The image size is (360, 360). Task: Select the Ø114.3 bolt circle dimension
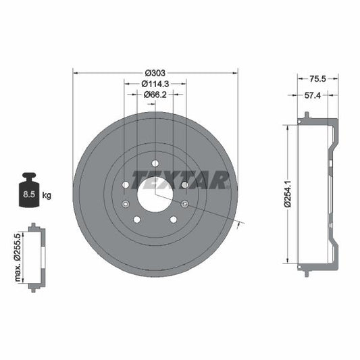click(155, 84)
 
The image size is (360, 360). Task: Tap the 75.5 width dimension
click(317, 78)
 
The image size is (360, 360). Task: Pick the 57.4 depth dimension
click(312, 96)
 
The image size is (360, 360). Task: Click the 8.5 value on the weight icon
click(28, 196)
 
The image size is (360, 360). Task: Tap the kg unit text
click(47, 196)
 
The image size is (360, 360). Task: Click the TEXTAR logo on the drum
click(180, 180)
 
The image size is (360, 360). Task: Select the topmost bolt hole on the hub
click(155, 163)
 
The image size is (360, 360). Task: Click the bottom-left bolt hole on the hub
click(136, 220)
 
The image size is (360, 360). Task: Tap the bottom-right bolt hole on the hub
click(174, 220)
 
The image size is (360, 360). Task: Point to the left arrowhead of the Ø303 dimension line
click(75, 72)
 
